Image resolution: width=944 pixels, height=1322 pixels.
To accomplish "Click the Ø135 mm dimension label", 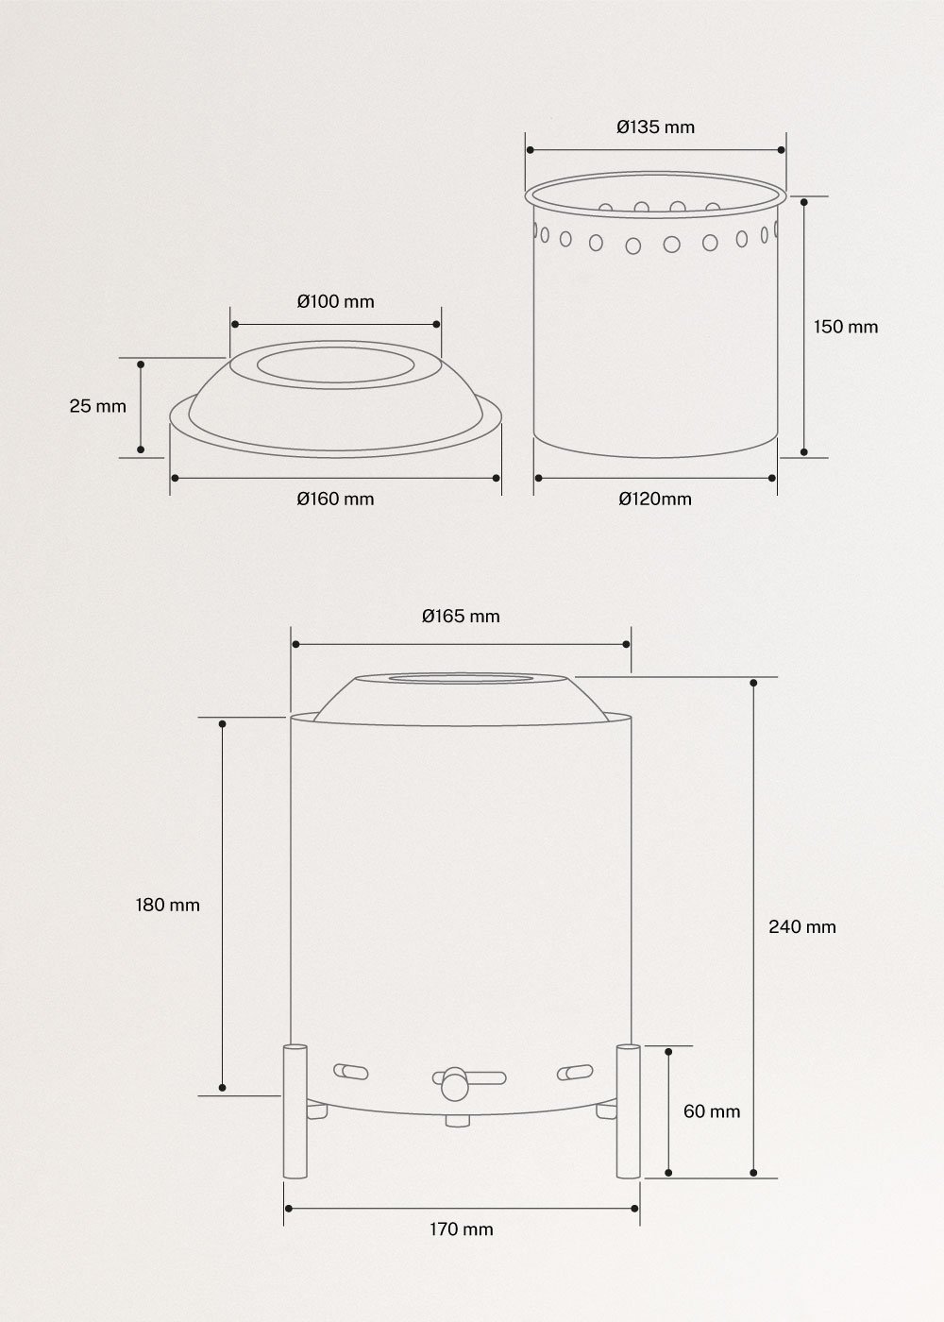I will pyautogui.click(x=655, y=127).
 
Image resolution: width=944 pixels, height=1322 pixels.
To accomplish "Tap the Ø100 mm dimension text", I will pyautogui.click(x=335, y=302).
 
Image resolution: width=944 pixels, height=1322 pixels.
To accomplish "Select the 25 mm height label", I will pyautogui.click(x=97, y=406).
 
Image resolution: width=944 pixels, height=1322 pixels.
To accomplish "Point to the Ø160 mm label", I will pyautogui.click(x=335, y=499).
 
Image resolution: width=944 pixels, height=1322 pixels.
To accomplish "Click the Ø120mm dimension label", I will pyautogui.click(x=655, y=499).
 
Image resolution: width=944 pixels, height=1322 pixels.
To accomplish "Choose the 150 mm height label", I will pyautogui.click(x=846, y=327).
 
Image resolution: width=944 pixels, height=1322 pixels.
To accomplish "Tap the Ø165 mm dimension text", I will pyautogui.click(x=461, y=617).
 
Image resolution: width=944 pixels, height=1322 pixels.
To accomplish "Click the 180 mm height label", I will pyautogui.click(x=168, y=905).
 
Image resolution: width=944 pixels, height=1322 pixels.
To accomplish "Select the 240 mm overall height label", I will pyautogui.click(x=802, y=926).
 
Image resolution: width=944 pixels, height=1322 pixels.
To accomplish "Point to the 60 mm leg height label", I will pyautogui.click(x=712, y=1111).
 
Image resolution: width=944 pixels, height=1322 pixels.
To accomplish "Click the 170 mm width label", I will pyautogui.click(x=462, y=1229).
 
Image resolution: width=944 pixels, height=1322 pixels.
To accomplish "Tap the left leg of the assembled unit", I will pyautogui.click(x=295, y=1110).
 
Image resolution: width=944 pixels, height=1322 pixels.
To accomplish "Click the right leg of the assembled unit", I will pyautogui.click(x=628, y=1110).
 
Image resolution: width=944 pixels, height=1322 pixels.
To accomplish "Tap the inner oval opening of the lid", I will pyautogui.click(x=335, y=367).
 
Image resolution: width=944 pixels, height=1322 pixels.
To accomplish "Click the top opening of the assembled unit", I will pyautogui.click(x=461, y=679).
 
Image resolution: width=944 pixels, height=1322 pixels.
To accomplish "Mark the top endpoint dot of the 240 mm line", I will pyautogui.click(x=753, y=682).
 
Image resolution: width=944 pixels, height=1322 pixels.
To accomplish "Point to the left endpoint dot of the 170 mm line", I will pyautogui.click(x=287, y=1208).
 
